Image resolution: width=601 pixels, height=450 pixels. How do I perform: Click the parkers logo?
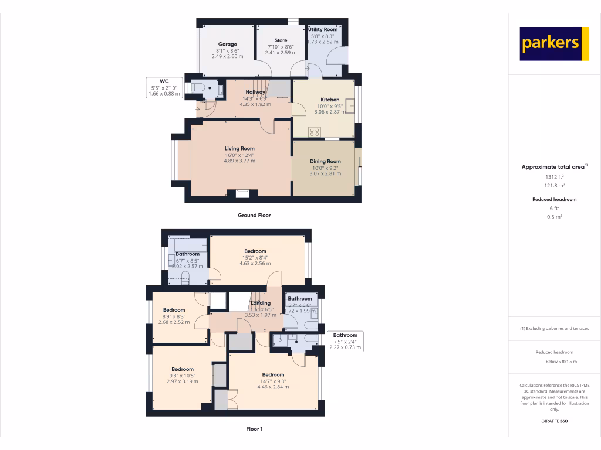(554, 43)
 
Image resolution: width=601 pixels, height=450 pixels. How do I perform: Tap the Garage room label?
(228, 45)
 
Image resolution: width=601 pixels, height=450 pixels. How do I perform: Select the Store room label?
(281, 40)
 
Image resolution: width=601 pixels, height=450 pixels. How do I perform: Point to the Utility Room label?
(323, 29)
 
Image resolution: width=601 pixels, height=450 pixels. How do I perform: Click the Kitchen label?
(330, 100)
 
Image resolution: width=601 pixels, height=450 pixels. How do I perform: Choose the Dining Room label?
(325, 161)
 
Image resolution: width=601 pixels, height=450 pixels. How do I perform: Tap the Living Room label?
(239, 149)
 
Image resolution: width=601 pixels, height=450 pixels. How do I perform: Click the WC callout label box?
(164, 87)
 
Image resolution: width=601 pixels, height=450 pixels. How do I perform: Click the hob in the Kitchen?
(314, 132)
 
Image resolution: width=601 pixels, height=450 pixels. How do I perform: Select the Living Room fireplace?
(242, 193)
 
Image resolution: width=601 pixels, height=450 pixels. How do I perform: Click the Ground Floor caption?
(254, 215)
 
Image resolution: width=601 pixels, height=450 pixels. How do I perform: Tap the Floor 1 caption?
(254, 429)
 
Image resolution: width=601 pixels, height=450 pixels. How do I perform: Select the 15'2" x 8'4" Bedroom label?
(255, 251)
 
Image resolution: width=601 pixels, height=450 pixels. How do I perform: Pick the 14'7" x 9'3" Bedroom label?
(273, 375)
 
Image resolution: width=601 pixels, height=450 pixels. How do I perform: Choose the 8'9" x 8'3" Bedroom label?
(174, 310)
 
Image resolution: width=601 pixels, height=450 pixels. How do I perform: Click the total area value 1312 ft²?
(553, 176)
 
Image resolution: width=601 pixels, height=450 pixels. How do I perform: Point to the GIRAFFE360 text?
(554, 421)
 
